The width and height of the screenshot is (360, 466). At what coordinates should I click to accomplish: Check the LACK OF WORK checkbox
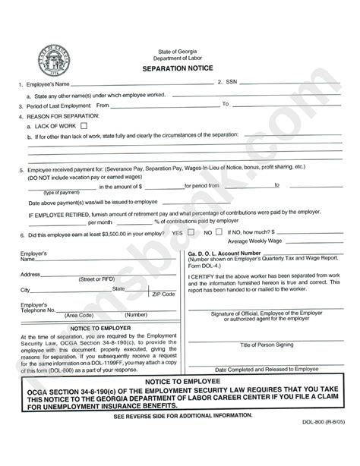click(x=83, y=126)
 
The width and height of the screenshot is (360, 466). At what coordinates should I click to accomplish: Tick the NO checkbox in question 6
click(x=219, y=232)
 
